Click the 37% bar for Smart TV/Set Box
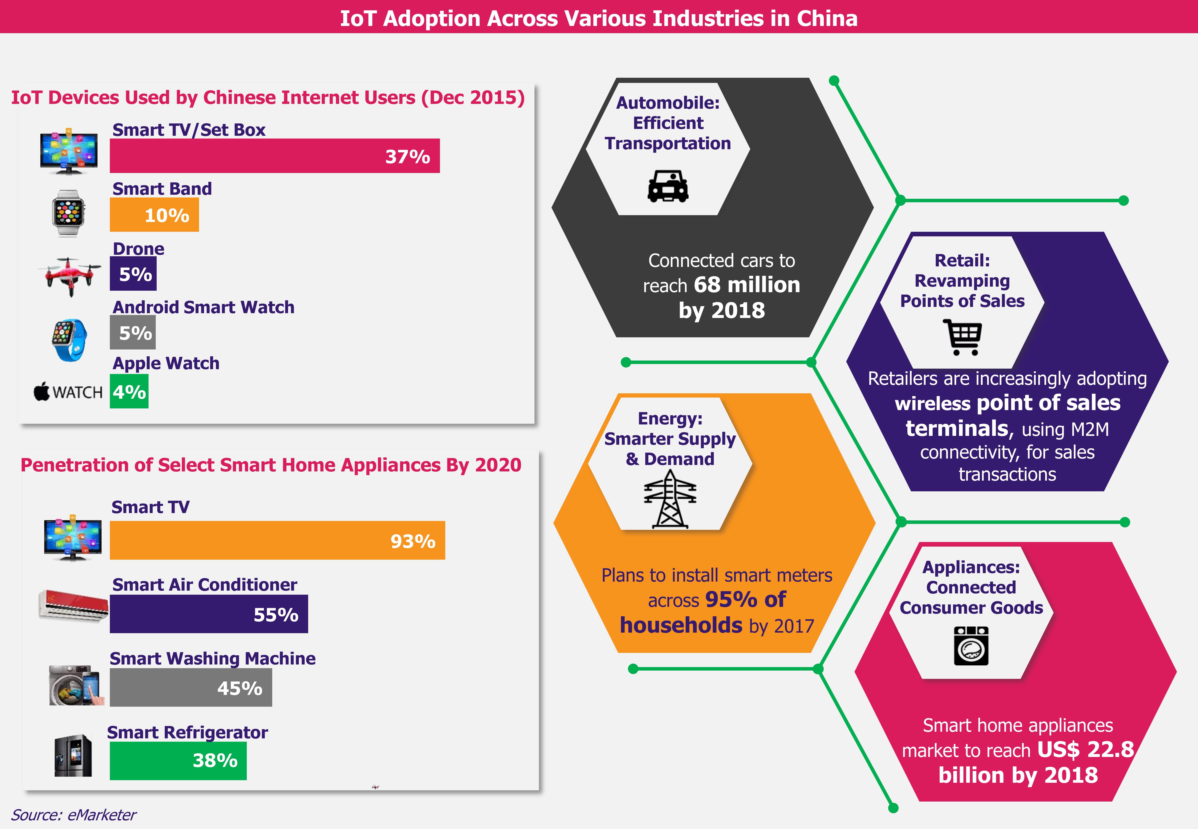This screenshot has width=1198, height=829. tap(274, 156)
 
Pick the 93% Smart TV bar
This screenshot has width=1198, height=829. tap(277, 540)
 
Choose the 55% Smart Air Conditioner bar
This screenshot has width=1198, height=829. tap(208, 614)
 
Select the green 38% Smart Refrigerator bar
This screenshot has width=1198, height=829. tap(178, 760)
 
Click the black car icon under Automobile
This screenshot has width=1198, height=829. tap(668, 186)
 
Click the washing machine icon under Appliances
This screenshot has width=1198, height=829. tap(970, 646)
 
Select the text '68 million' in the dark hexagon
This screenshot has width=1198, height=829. tap(747, 285)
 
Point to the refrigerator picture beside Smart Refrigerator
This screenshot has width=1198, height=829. tap(73, 755)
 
